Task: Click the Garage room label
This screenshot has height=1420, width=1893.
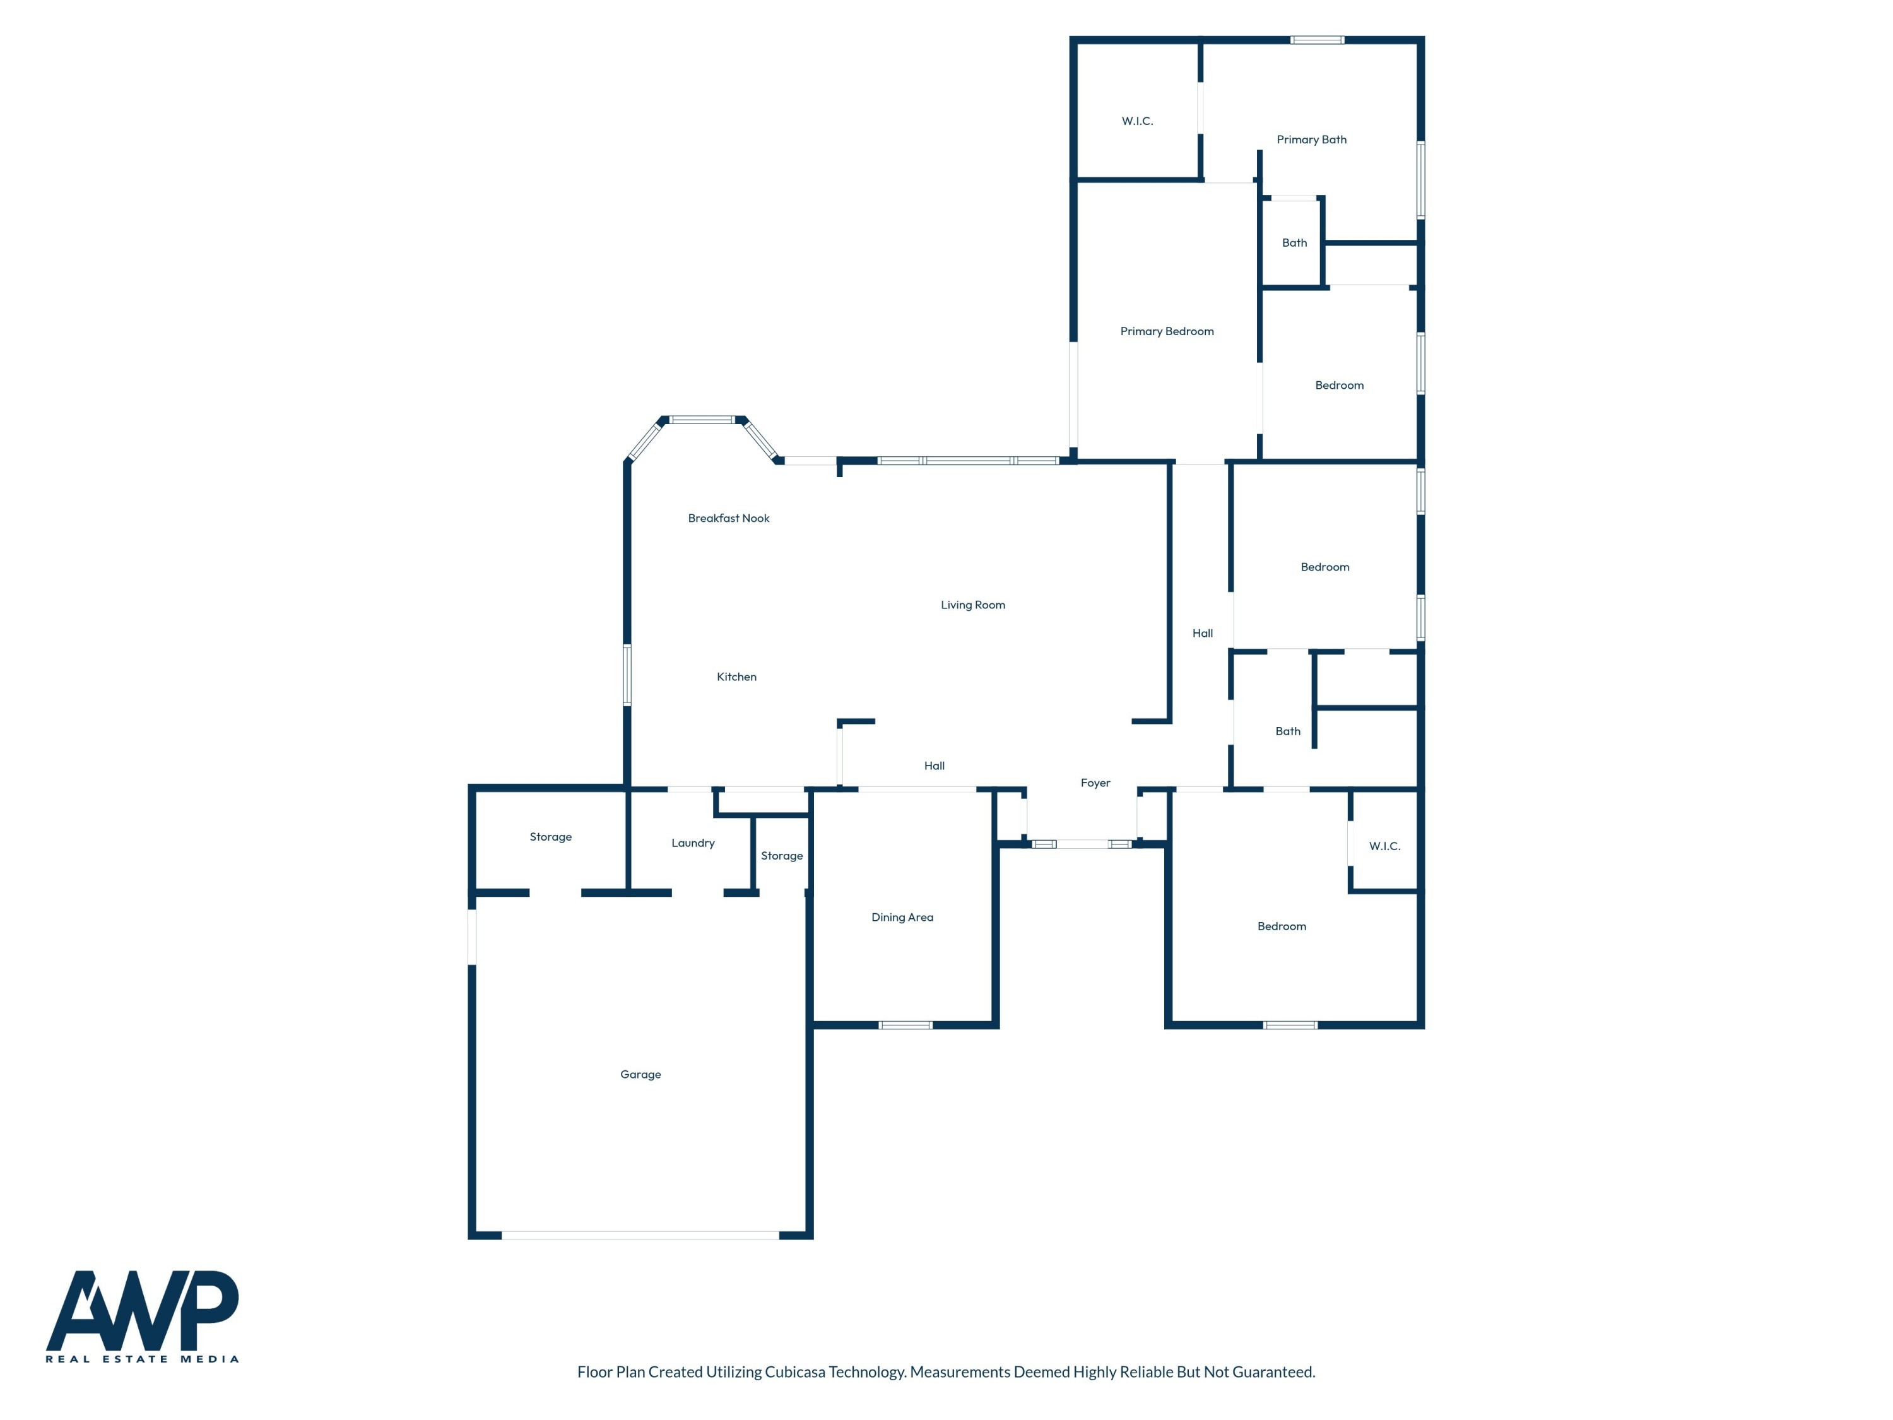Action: [x=640, y=1074]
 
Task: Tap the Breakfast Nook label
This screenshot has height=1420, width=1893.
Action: [x=728, y=518]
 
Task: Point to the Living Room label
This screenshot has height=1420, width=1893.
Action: [x=972, y=605]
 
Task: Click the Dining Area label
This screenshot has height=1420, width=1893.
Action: [x=902, y=918]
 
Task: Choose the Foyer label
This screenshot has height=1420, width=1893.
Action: [x=1095, y=783]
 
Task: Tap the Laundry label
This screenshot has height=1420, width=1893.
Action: [x=692, y=843]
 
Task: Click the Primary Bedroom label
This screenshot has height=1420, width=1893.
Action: [x=1167, y=331]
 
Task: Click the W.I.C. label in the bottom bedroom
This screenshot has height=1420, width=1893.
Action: [x=1384, y=846]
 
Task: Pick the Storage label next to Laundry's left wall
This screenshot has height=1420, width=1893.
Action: [x=550, y=837]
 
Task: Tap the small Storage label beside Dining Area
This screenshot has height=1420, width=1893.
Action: [x=781, y=856]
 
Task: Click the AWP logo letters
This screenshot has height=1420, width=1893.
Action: [x=142, y=1310]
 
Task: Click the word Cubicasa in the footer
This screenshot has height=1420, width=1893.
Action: [x=794, y=1372]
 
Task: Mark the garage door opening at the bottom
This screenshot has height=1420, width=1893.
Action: [x=640, y=1235]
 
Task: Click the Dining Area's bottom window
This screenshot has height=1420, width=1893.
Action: [x=905, y=1024]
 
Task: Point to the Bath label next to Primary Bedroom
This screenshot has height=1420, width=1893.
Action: [x=1294, y=243]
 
